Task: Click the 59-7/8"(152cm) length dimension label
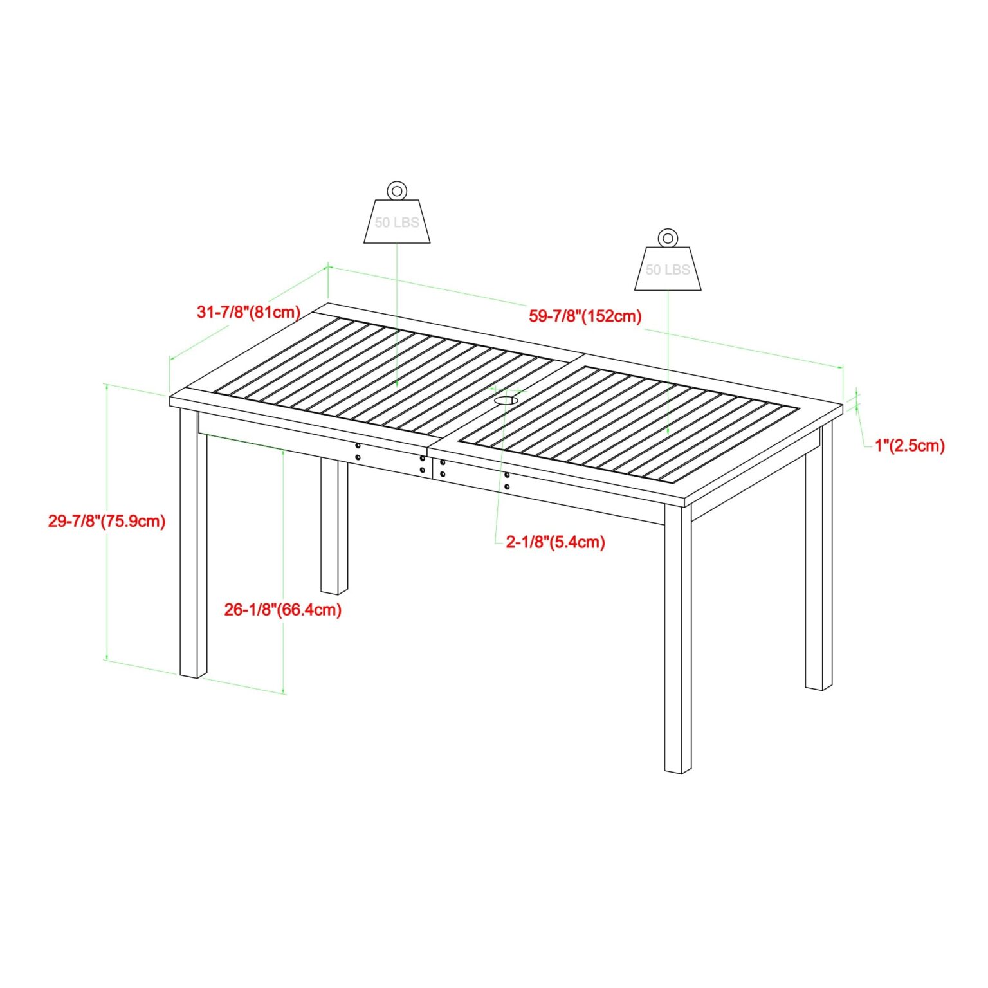585,316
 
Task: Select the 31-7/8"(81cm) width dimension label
249,313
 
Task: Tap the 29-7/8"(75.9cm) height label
107,520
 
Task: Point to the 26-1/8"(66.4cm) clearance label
283,609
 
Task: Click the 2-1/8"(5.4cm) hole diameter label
556,542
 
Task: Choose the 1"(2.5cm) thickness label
910,445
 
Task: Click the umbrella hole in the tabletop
506,401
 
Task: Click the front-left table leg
193,544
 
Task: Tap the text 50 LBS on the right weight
668,270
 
